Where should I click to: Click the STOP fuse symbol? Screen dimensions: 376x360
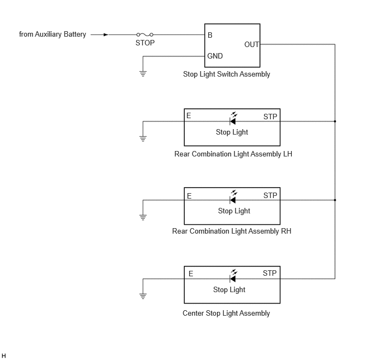[x=145, y=34]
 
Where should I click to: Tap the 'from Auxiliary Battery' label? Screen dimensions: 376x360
[x=52, y=34]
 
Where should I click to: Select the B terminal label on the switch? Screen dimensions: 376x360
[x=210, y=35]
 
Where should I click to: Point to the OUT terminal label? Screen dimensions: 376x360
[x=251, y=44]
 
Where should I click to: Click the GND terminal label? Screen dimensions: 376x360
[x=215, y=56]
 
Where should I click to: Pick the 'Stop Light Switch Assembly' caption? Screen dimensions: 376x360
[x=227, y=74]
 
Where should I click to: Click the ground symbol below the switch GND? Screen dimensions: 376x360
[x=143, y=74]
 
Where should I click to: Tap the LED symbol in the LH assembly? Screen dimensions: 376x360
[x=233, y=119]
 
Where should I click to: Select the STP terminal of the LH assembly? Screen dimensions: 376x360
[x=270, y=117]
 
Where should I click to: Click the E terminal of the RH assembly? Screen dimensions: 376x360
[x=189, y=196]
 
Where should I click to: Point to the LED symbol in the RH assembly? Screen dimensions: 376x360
[x=233, y=197]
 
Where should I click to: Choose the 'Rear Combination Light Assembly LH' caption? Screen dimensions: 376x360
[x=233, y=154]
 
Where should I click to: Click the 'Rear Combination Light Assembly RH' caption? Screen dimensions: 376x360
[x=232, y=231]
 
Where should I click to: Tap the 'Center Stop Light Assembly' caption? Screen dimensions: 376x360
[x=226, y=313]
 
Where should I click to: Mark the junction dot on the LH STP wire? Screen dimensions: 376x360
[x=335, y=121]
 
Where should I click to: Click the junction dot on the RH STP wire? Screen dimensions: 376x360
[x=335, y=200]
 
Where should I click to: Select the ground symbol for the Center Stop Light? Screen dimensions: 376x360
[x=143, y=297]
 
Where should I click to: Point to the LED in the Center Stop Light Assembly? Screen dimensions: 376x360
[x=233, y=276]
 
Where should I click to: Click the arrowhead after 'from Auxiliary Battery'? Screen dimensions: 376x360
[x=106, y=34]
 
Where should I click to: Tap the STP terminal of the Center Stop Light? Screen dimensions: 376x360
[x=270, y=273]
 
